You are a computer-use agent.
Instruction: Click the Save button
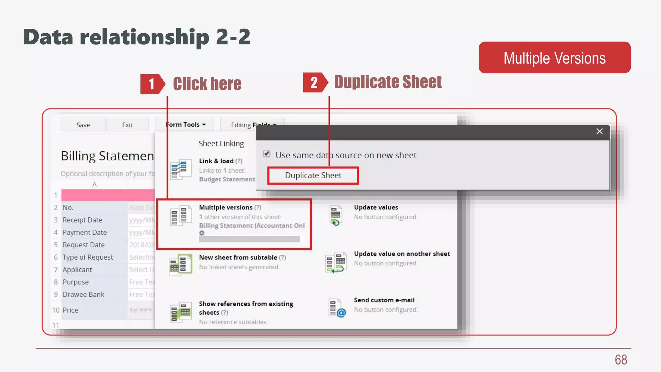(83, 125)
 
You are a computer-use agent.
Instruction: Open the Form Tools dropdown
(186, 125)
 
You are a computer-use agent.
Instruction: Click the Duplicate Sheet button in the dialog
(313, 175)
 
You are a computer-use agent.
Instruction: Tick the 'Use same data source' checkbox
(267, 154)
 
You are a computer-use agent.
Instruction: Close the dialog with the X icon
(599, 131)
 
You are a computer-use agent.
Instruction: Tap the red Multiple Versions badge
(554, 58)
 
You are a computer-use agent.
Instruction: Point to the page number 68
(621, 360)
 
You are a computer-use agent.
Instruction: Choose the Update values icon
(336, 215)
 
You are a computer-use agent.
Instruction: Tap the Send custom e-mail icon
(337, 308)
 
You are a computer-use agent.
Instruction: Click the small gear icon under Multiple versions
(202, 233)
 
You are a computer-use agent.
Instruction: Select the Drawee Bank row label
(83, 294)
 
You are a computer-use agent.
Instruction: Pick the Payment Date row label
(85, 232)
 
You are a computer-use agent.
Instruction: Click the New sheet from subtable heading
(238, 257)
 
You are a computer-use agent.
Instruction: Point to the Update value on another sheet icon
(335, 262)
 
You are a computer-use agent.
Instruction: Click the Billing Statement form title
(107, 156)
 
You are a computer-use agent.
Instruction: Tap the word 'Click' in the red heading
(190, 84)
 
